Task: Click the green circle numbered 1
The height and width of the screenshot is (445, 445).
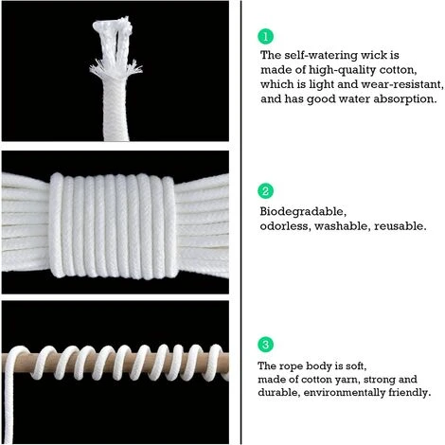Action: point(267,36)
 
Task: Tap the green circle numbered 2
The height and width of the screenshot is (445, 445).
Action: point(267,191)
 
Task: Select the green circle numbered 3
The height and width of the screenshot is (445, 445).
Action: point(267,343)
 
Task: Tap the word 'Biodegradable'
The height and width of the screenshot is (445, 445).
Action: point(296,212)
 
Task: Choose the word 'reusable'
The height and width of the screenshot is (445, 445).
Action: point(401,226)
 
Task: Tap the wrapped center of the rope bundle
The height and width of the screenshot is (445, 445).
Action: point(117,223)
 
